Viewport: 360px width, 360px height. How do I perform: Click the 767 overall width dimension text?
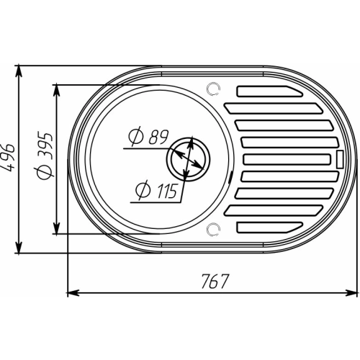pyautogui.click(x=215, y=281)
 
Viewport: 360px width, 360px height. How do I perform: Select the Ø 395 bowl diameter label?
pyautogui.click(x=44, y=156)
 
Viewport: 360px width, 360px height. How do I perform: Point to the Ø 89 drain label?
pyautogui.click(x=148, y=138)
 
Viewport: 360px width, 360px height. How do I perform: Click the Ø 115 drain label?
pyautogui.click(x=156, y=191)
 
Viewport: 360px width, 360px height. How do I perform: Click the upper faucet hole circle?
pyautogui.click(x=213, y=89)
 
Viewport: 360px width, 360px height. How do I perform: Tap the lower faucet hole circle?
pyautogui.click(x=213, y=229)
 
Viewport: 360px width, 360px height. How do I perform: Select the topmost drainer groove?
pyautogui.click(x=270, y=91)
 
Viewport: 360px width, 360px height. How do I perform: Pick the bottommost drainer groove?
pyautogui.click(x=270, y=228)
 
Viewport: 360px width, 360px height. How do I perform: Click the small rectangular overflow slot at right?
pyautogui.click(x=340, y=159)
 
